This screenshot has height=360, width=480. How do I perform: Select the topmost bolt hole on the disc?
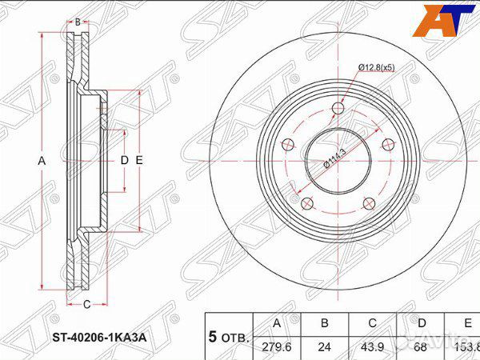338,109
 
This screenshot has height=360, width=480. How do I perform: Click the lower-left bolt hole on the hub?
304,203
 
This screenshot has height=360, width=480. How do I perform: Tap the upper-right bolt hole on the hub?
389,145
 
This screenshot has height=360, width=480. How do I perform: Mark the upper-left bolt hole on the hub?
286,145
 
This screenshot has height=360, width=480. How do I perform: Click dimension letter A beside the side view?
42,161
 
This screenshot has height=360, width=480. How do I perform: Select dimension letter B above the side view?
77,22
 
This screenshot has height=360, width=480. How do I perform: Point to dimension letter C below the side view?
86,302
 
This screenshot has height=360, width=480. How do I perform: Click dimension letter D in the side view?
124,161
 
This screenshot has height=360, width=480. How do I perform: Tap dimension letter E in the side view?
139,161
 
